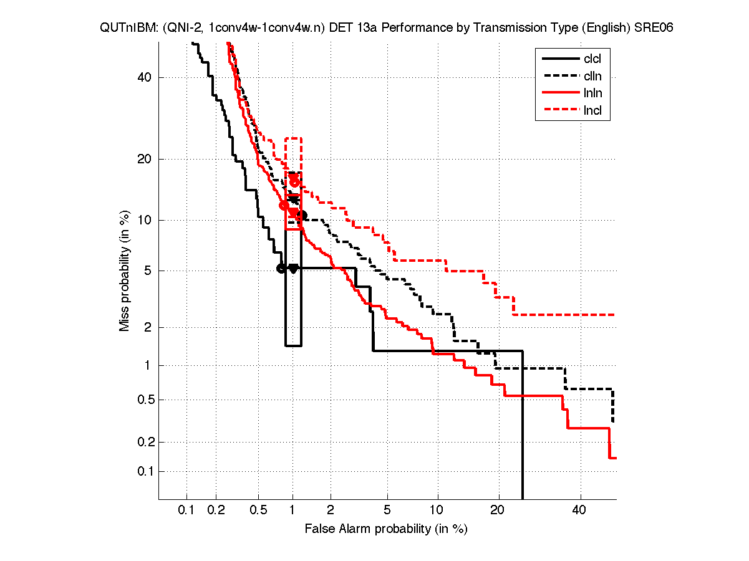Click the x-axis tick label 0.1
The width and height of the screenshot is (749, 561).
tap(186, 511)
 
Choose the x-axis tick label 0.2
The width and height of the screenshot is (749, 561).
tap(216, 511)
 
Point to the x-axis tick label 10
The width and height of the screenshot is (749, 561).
tap(437, 511)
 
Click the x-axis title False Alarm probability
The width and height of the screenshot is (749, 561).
tap(386, 529)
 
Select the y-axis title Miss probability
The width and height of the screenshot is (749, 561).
tap(125, 271)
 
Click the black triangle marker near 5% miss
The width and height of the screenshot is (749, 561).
tap(293, 269)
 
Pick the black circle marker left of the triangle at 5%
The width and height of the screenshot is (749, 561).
tap(281, 269)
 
